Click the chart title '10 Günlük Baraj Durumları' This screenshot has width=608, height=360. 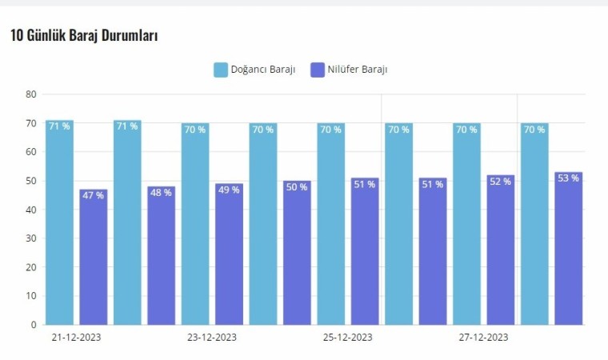(84, 36)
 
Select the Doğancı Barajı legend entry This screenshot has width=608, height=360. (255, 70)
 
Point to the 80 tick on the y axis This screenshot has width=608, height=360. (31, 94)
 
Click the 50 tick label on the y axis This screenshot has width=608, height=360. (31, 181)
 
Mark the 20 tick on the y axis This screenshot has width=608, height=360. (31, 267)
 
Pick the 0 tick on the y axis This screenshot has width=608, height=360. (34, 325)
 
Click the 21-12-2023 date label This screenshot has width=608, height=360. (76, 338)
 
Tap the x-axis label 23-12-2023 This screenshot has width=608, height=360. (212, 338)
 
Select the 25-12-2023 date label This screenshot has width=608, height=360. (348, 338)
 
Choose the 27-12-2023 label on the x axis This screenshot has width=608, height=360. (484, 338)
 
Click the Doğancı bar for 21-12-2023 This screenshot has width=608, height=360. (59, 224)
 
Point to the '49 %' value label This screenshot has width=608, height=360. (229, 190)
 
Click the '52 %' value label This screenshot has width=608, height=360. (501, 182)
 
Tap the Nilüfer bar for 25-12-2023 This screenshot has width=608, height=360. (365, 253)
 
